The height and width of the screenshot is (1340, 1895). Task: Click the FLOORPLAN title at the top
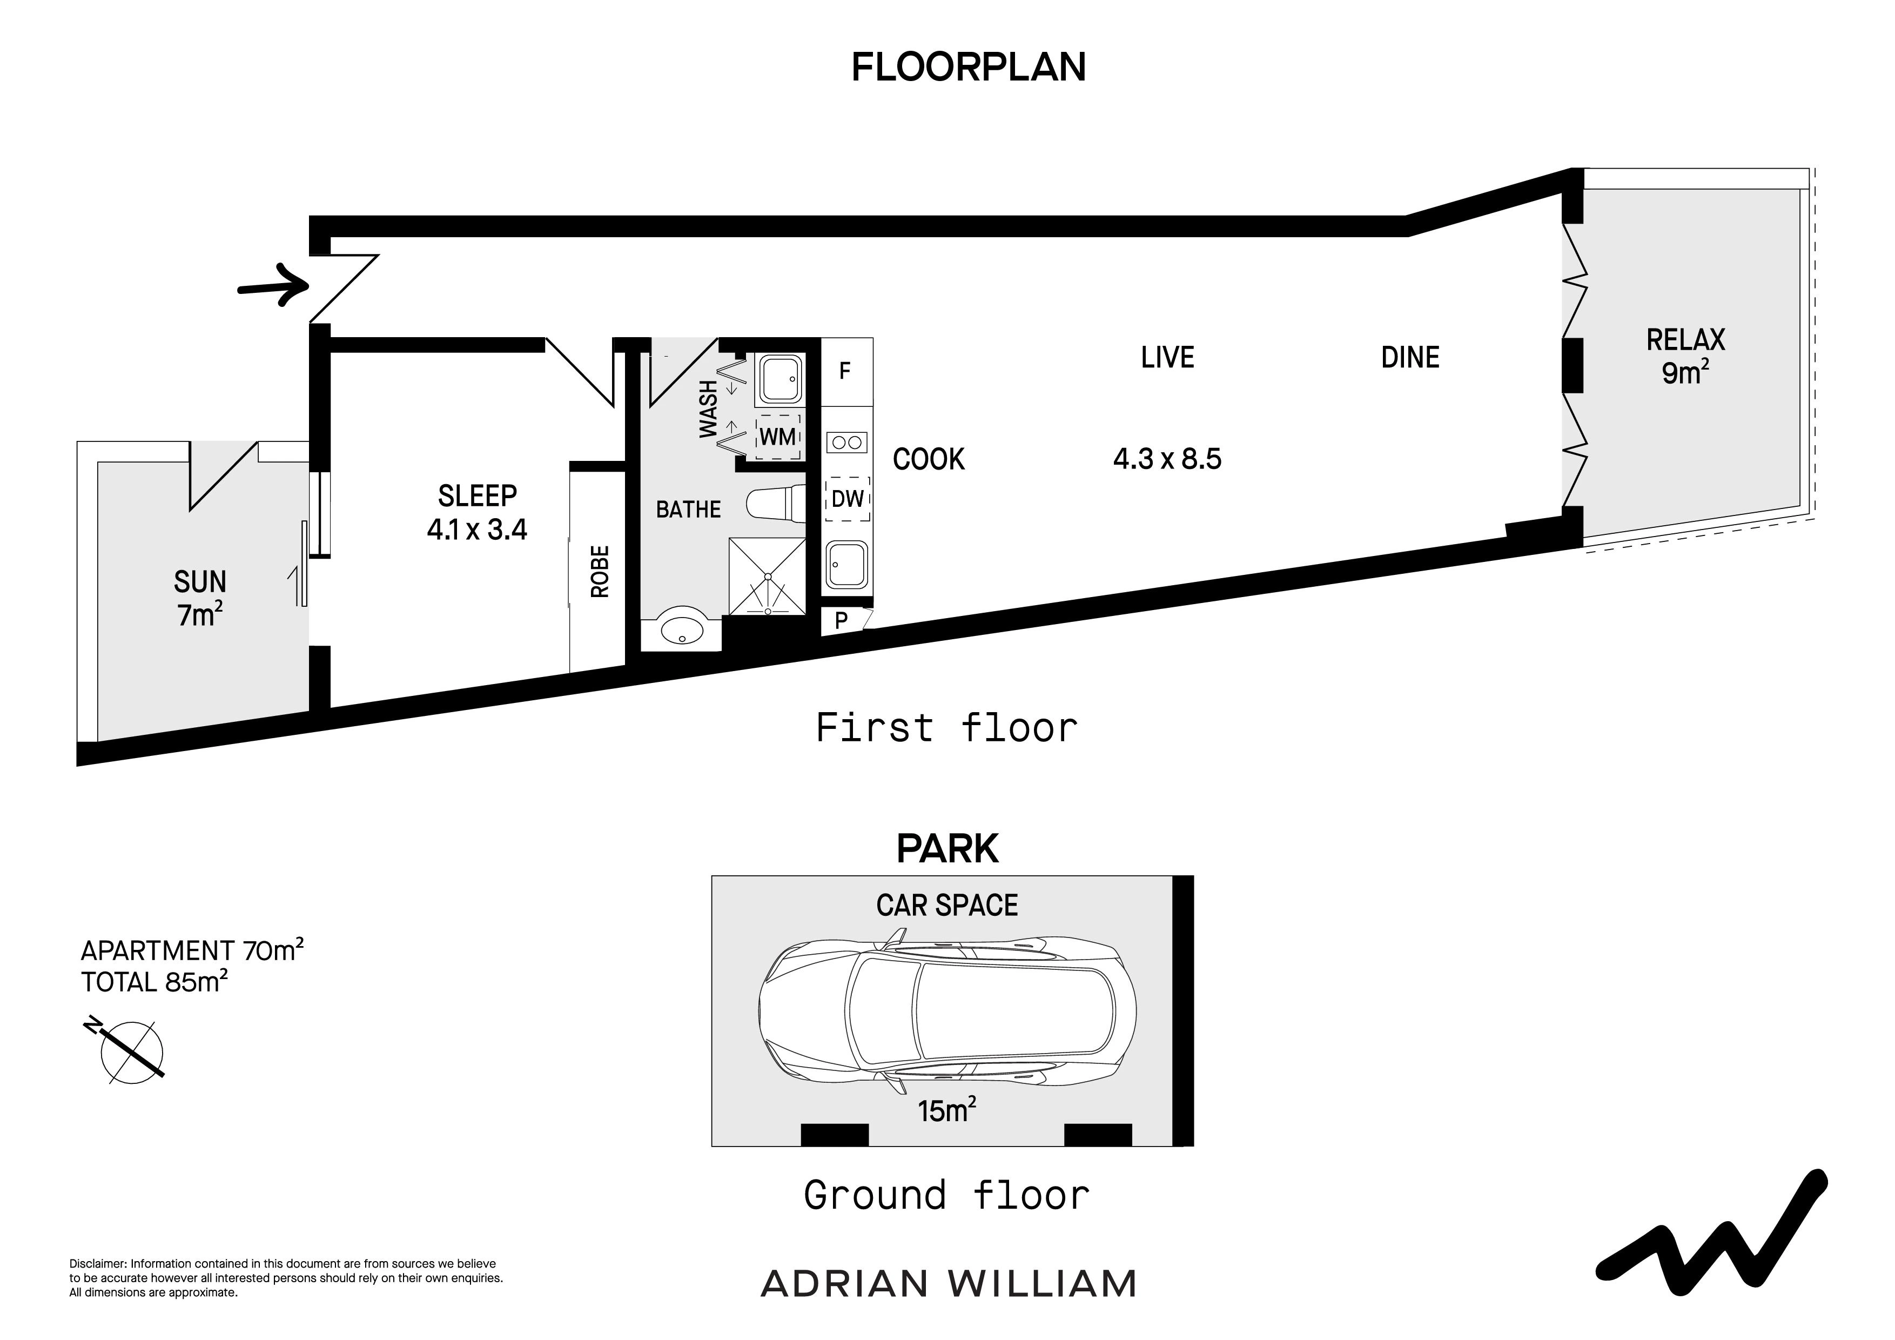click(x=968, y=67)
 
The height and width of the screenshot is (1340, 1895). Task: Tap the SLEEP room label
click(x=477, y=495)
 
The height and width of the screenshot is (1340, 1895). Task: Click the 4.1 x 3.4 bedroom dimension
click(x=477, y=529)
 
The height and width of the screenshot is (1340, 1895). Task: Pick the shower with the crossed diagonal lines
click(x=767, y=577)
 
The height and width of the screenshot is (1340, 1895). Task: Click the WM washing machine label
click(x=777, y=437)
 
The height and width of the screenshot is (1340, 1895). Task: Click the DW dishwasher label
click(x=848, y=499)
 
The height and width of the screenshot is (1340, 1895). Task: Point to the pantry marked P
click(x=841, y=621)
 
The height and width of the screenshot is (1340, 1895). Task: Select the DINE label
click(x=1410, y=358)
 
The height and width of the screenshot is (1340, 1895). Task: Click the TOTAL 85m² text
click(x=154, y=982)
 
